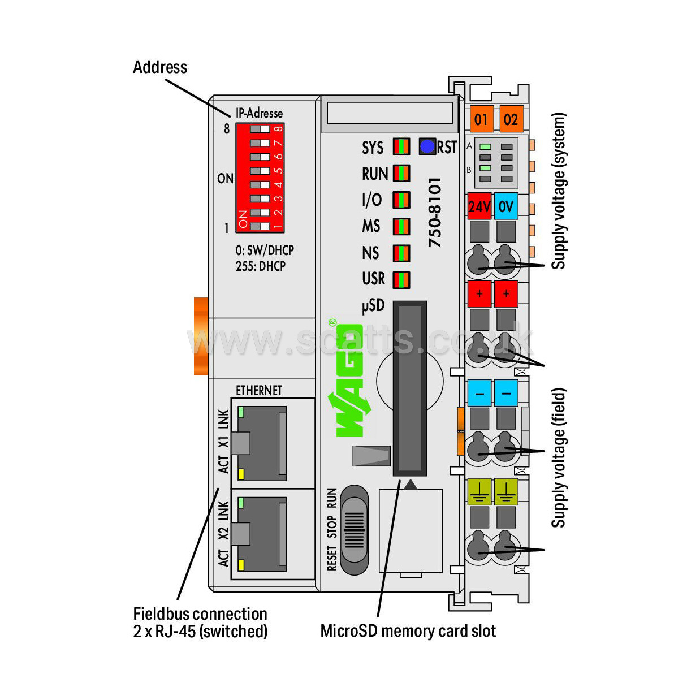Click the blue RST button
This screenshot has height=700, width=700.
(427, 147)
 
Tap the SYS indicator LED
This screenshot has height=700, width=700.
(401, 147)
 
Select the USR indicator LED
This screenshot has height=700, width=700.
(401, 279)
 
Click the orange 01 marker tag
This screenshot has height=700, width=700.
(481, 119)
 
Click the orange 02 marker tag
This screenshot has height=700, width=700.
(511, 119)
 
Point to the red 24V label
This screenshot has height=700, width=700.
(479, 206)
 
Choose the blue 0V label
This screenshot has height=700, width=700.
(506, 206)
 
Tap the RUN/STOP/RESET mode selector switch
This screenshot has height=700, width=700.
(355, 530)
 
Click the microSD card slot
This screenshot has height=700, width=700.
(410, 388)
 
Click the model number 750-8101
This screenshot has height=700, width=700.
(434, 212)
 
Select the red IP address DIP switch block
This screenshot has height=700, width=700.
(260, 178)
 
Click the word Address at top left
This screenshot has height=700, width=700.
(160, 67)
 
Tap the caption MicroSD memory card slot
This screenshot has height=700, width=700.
(408, 631)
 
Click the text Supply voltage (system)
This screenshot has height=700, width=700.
(559, 191)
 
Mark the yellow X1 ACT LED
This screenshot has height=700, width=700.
(241, 474)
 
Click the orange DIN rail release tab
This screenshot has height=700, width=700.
(201, 336)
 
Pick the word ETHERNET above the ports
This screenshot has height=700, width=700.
(258, 391)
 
